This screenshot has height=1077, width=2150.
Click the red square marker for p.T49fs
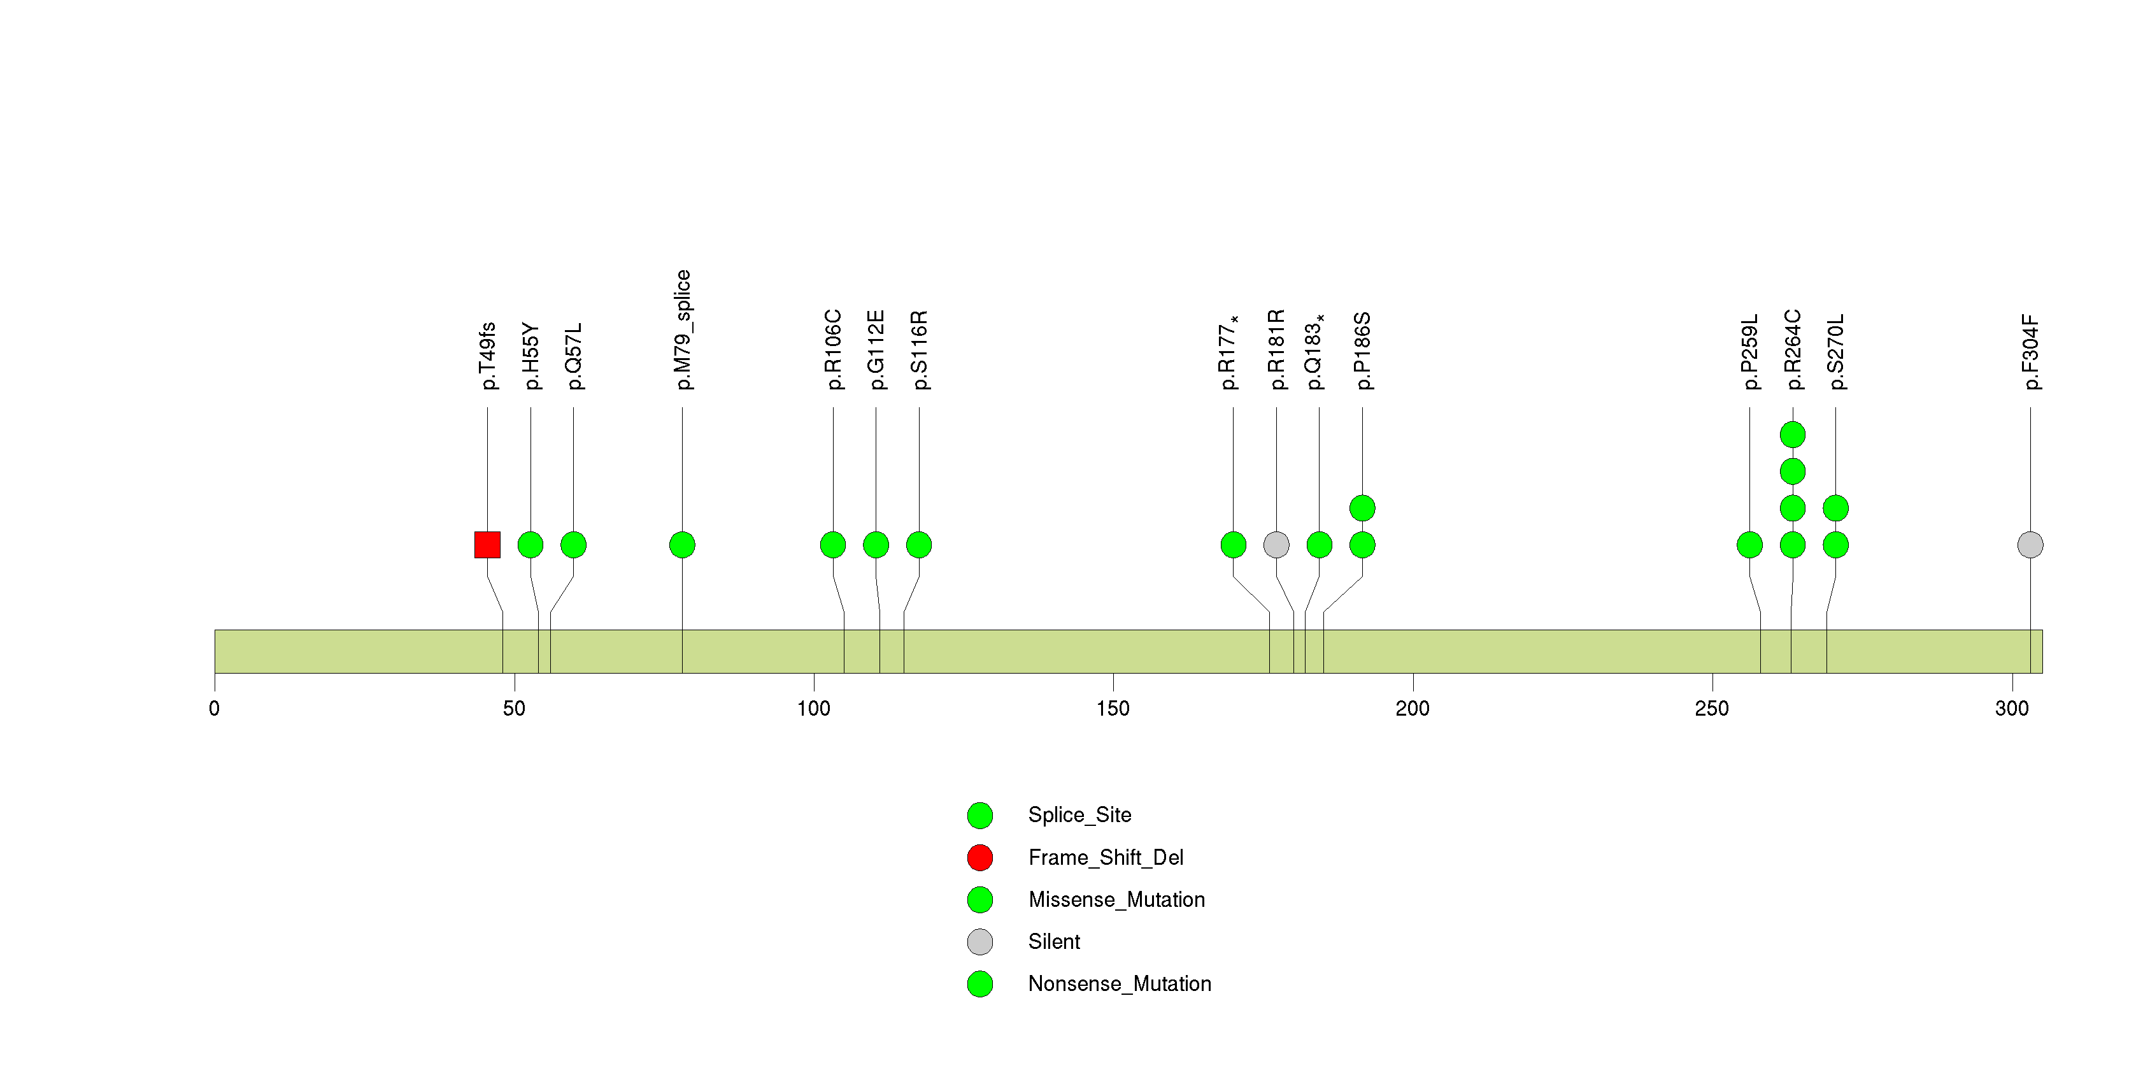click(487, 545)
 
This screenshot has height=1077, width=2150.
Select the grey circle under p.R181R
click(1276, 545)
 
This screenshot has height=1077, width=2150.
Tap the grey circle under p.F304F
click(2031, 545)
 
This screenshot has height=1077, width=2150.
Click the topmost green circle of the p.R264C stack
click(1793, 435)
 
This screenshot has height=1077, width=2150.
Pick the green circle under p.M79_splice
click(682, 545)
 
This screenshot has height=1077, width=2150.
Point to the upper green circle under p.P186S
click(1362, 509)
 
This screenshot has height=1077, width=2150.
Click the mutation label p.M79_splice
click(683, 329)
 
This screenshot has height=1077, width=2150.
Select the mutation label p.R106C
click(834, 350)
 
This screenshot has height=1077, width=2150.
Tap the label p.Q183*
click(1314, 352)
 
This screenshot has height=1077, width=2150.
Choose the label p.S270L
click(1836, 352)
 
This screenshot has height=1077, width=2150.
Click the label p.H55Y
click(531, 356)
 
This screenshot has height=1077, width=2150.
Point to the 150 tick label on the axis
click(1113, 709)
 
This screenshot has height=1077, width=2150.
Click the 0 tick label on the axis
click(215, 709)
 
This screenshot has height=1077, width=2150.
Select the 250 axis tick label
click(1712, 709)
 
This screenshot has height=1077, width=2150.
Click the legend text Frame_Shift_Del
click(1106, 857)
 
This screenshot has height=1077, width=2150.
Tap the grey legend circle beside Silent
click(980, 943)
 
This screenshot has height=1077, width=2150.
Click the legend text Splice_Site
click(1080, 815)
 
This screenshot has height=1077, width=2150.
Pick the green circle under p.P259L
click(1749, 545)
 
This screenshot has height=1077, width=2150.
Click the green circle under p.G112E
click(876, 545)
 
